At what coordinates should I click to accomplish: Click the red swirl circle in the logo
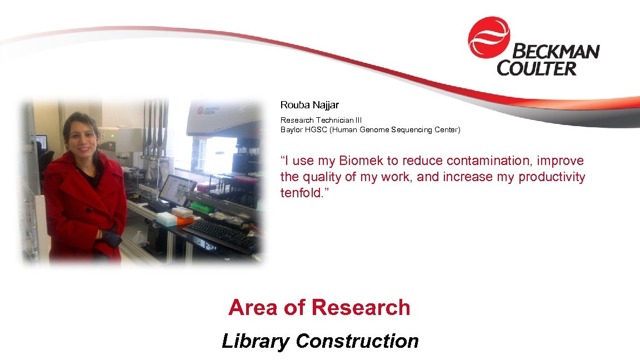click(x=488, y=37)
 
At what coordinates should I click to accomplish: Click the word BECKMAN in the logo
click(x=555, y=52)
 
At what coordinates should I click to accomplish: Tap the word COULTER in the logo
click(x=537, y=69)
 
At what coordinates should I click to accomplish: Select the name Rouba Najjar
click(x=309, y=105)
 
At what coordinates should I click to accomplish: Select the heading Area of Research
click(x=319, y=307)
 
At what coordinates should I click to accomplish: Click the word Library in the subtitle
click(x=256, y=341)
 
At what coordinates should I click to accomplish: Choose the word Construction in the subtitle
click(x=357, y=341)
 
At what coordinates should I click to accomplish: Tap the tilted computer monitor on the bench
click(x=177, y=189)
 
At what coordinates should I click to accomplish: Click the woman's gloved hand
click(x=111, y=239)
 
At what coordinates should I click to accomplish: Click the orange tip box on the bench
click(x=183, y=221)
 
